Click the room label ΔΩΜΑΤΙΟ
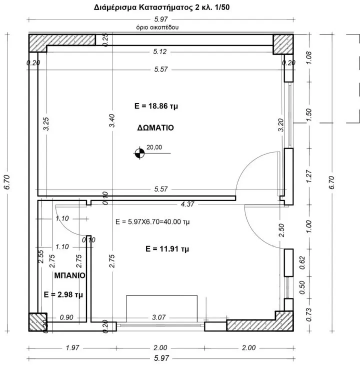point(155,128)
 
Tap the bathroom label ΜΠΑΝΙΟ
point(70,275)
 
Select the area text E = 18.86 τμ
point(156,106)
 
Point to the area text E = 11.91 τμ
point(167,249)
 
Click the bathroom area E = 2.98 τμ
point(63,294)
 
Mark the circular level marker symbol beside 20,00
point(139,153)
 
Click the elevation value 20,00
point(154,147)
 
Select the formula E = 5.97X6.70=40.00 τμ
point(152,221)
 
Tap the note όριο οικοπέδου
point(157,27)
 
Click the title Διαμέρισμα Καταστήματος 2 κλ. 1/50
point(161,7)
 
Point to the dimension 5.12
point(160,51)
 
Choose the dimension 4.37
point(187,204)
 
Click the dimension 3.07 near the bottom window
point(159,317)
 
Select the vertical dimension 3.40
point(112,120)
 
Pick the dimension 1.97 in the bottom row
point(72,348)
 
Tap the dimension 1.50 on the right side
point(308,114)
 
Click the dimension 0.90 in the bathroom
point(66,317)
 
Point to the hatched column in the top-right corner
point(283,44)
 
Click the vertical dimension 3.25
point(46,124)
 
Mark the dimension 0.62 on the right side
point(302,263)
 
